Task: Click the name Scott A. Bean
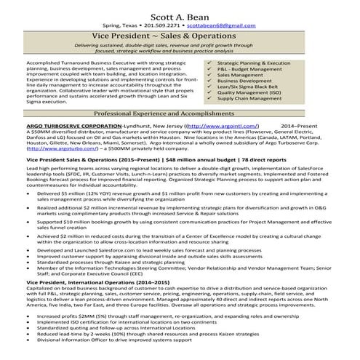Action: tap(180, 11)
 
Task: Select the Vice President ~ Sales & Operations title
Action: tap(180, 36)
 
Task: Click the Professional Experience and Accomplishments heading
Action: tap(180, 115)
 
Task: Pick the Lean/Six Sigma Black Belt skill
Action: tap(258, 87)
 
